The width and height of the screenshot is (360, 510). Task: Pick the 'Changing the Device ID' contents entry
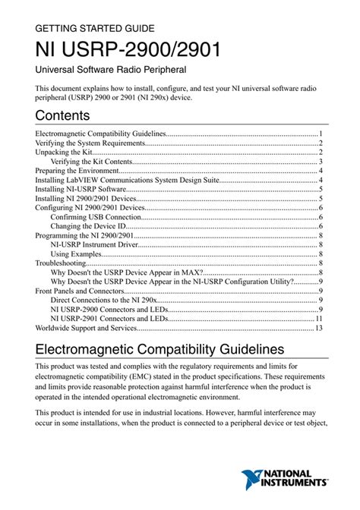(87, 226)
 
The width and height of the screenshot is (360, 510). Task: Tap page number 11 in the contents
(320, 319)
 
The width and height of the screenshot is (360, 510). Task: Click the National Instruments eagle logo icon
(253, 481)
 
